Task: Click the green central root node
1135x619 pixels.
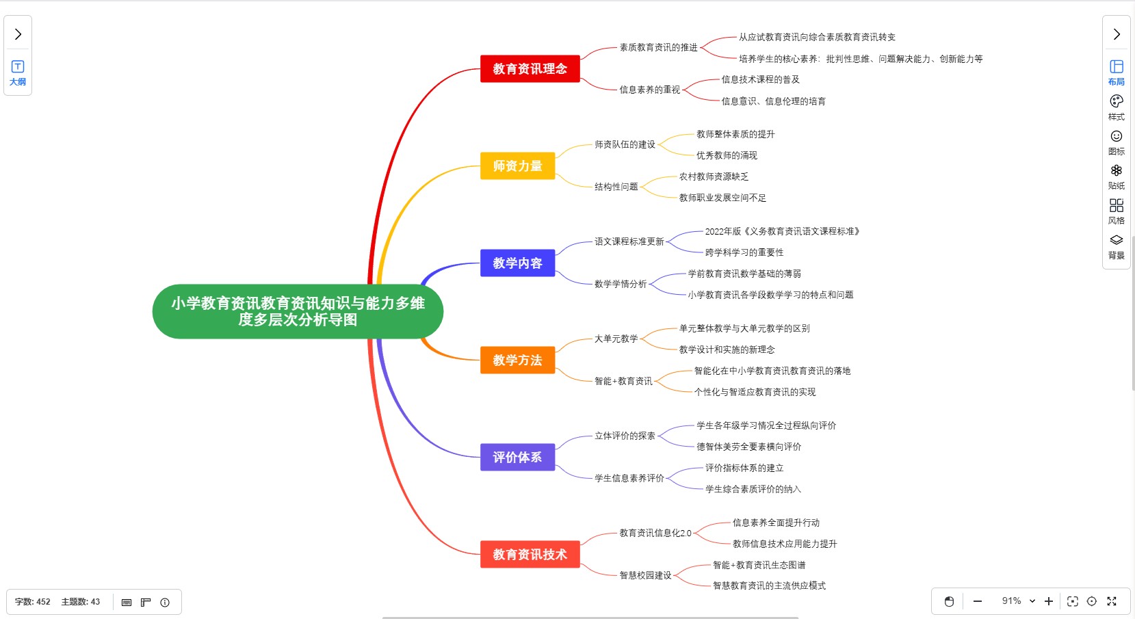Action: coord(298,311)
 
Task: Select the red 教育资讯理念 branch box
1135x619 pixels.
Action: coord(530,69)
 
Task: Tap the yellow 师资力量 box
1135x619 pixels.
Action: coord(517,166)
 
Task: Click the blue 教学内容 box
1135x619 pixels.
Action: coord(517,263)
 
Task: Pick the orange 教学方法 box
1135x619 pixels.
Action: coord(517,360)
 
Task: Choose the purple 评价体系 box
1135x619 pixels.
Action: coord(517,458)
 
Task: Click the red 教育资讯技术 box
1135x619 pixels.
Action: coord(530,555)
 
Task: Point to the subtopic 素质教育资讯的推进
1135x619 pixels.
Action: coord(658,48)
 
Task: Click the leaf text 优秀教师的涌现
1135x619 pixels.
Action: coord(727,156)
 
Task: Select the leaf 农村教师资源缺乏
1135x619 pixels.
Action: coord(714,177)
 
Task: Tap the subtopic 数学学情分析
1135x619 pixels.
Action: coord(621,285)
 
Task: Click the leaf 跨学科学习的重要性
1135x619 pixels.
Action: coord(744,253)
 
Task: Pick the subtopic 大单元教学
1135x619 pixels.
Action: coord(616,339)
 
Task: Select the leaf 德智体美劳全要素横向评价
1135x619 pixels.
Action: coord(748,447)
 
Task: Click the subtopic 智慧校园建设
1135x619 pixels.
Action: coord(645,576)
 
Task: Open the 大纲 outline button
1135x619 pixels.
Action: coord(18,73)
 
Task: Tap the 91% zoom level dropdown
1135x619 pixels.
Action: coord(1018,601)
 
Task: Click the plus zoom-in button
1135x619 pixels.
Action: coord(1048,601)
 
